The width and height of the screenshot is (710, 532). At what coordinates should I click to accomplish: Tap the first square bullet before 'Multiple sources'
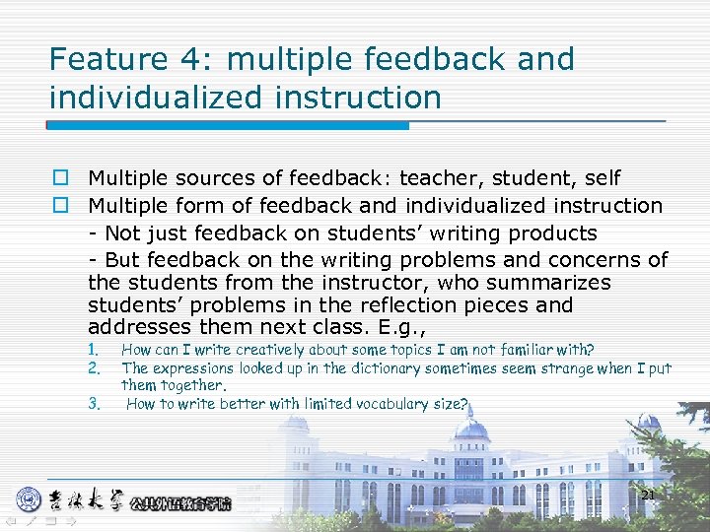[60, 178]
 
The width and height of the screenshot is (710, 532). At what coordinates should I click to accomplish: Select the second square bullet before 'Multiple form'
[60, 206]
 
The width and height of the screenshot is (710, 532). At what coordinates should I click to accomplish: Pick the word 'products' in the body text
[552, 233]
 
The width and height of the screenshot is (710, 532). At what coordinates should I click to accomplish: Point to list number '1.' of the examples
[94, 350]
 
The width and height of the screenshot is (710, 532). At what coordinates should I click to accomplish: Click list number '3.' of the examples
[94, 404]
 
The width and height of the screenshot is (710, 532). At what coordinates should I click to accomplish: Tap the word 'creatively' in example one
[264, 350]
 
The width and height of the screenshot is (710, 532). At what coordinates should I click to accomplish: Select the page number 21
[648, 495]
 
